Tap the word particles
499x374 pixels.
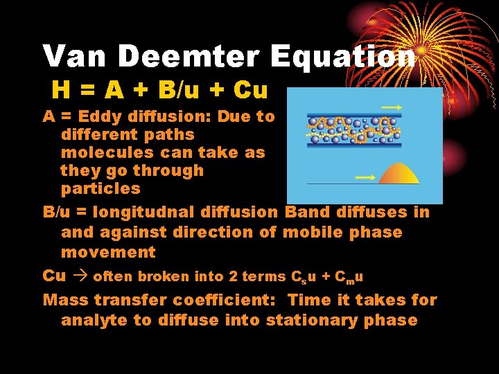coord(100,188)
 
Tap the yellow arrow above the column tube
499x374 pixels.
coord(392,107)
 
